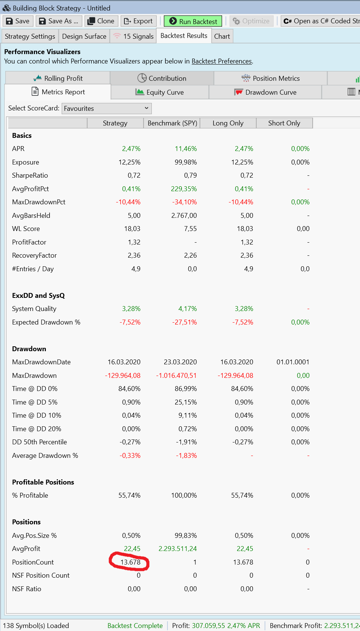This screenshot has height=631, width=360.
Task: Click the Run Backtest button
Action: coord(193,21)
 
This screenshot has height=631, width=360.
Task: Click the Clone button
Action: coord(101,21)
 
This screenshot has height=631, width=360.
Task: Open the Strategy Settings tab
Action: coord(30,36)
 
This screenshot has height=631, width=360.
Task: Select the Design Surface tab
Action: coord(84,36)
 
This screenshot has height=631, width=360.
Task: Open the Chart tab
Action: coord(222,36)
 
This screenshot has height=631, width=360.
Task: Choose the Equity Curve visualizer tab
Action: coord(160,92)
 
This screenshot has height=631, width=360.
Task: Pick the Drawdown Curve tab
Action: coord(265,92)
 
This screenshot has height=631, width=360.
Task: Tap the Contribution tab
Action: coord(162,78)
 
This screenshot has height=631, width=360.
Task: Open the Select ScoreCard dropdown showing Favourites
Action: coord(107,109)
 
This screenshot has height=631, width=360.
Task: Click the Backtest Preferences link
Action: coord(222,61)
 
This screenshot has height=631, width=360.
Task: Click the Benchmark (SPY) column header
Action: coord(172,123)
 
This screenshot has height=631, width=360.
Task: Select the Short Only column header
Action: coord(284,123)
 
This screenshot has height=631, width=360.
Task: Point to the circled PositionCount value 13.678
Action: coord(130,562)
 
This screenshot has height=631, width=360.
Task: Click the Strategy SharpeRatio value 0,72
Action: coord(134,175)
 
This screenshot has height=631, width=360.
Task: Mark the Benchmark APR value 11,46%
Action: coord(186,148)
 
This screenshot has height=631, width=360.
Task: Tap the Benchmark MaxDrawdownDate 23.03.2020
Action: coord(180,362)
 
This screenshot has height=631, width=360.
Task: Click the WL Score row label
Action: coord(26,229)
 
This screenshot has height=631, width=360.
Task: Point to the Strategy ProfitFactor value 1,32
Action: coord(134,242)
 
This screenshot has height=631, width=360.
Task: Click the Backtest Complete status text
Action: coord(135,626)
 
